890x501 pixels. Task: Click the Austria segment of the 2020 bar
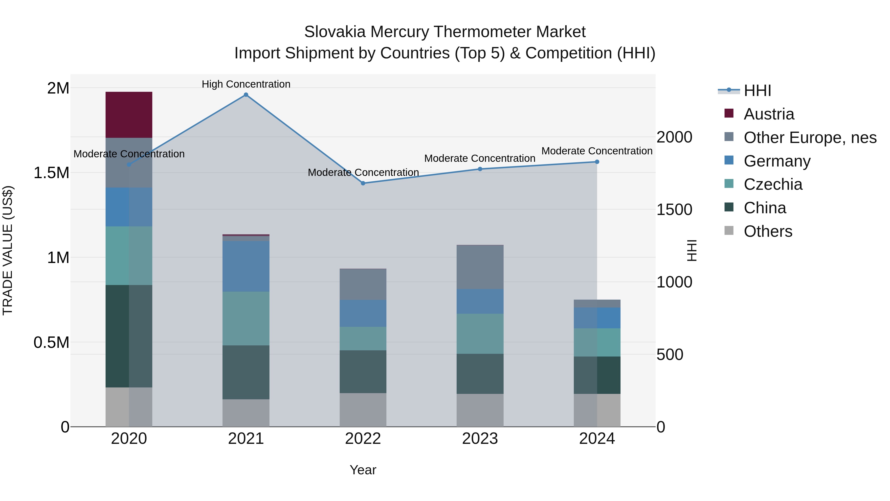point(129,115)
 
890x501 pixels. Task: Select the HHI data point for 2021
point(246,95)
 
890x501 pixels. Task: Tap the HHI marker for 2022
point(363,183)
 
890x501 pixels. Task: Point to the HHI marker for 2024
point(597,162)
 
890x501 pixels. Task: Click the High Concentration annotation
point(246,84)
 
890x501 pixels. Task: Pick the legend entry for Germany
point(777,161)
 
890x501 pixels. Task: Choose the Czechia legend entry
point(773,184)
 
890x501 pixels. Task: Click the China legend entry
point(765,208)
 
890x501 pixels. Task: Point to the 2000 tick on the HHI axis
point(674,137)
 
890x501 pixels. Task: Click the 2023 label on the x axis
point(480,439)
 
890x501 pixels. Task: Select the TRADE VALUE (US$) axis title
point(8,250)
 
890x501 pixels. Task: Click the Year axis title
point(363,470)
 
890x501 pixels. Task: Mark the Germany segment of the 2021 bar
point(246,266)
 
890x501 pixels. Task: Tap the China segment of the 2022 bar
point(363,372)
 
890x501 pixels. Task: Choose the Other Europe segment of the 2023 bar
point(480,267)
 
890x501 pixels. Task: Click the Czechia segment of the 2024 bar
point(597,342)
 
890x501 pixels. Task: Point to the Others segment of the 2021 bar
point(246,413)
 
